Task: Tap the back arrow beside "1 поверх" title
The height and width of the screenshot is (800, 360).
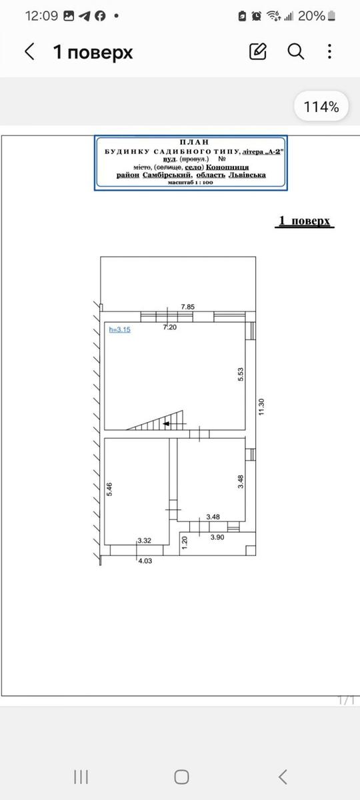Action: coord(30,52)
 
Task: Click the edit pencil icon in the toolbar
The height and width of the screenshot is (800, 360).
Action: coord(258,51)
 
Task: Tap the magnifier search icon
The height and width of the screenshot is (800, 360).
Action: coord(296,52)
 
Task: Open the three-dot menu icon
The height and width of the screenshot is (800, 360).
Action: coord(329,52)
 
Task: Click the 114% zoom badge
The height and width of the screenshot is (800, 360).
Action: coord(321,107)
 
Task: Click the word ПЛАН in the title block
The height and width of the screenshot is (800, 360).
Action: coord(194,142)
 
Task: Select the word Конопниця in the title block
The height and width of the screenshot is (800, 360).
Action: coord(227,167)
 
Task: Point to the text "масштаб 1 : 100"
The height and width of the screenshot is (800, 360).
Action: coord(191,183)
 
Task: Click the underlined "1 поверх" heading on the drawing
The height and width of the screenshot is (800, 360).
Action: coord(304,221)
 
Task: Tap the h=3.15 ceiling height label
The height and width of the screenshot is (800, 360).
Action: coord(119,329)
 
